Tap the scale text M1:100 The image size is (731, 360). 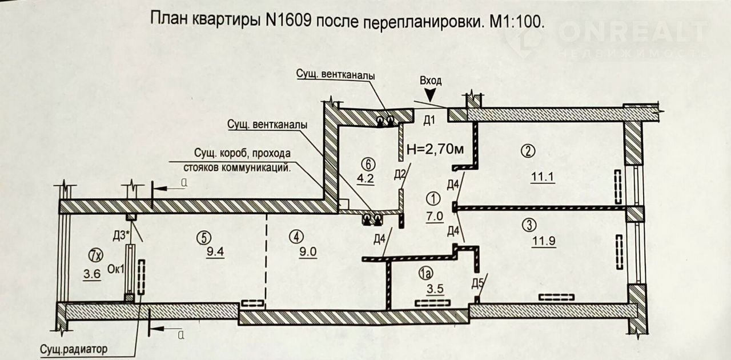[516, 21]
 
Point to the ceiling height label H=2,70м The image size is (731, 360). [435, 150]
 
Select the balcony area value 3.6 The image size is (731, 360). [92, 274]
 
